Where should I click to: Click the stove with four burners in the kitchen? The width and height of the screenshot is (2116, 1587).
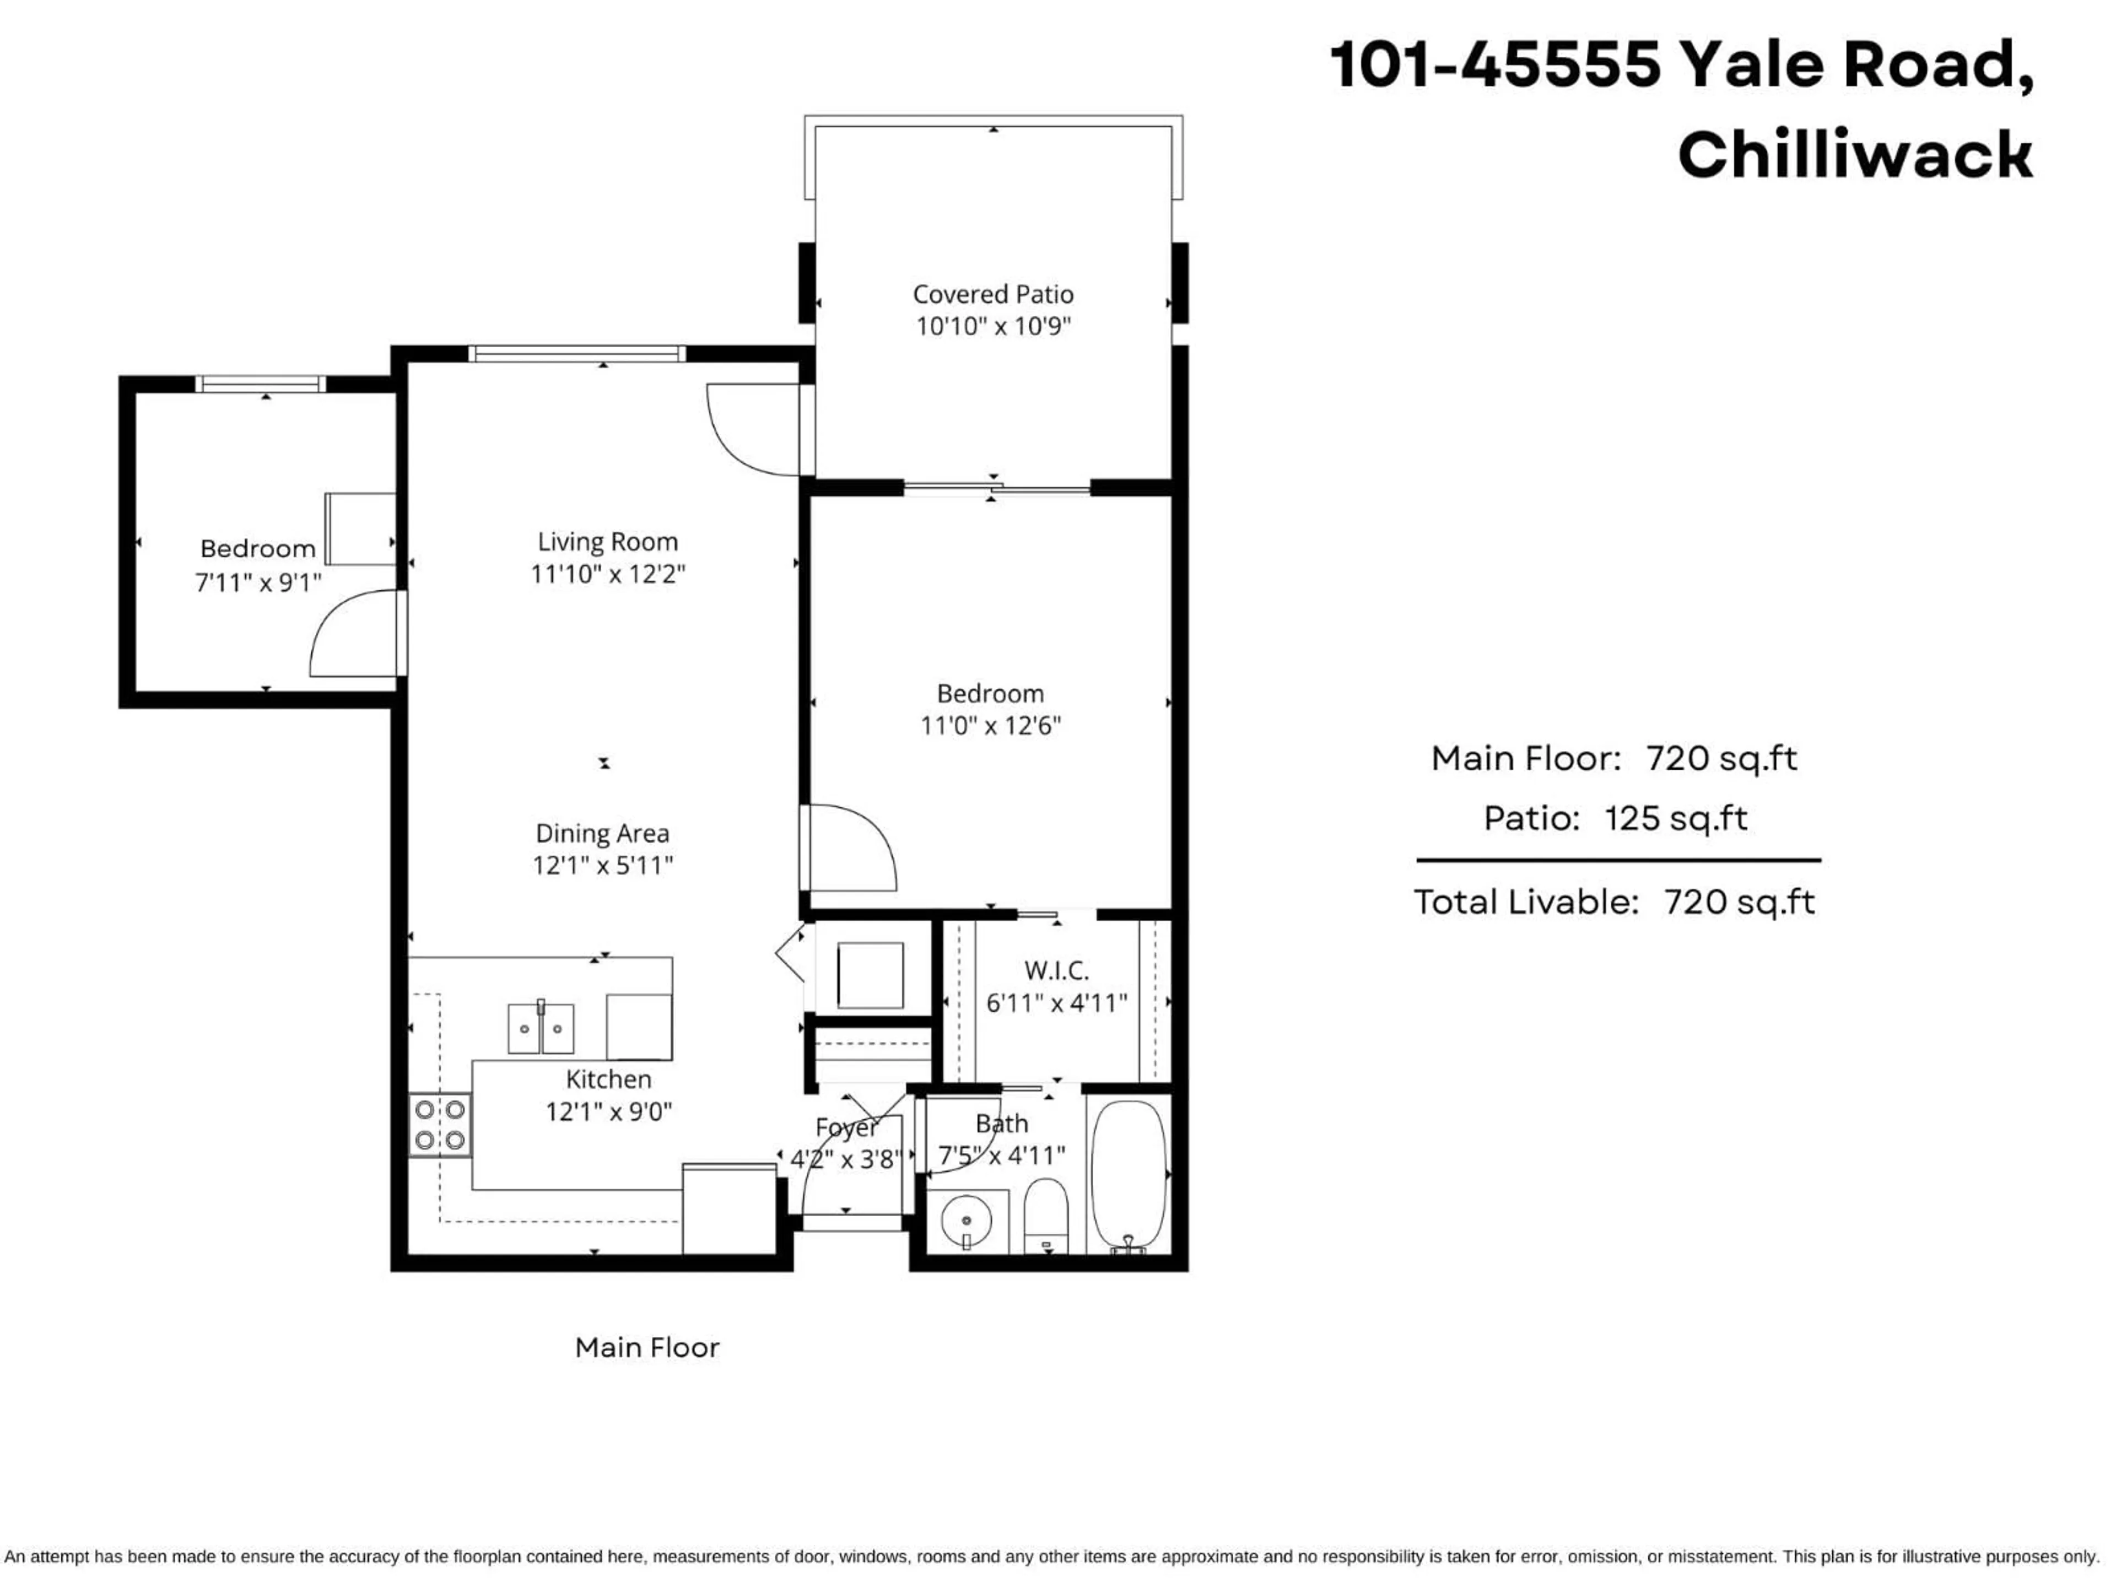point(440,1125)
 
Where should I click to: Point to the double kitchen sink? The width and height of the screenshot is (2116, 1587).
point(541,1028)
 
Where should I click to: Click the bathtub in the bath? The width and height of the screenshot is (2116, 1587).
point(1129,1175)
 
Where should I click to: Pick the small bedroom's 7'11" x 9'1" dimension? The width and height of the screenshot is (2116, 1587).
point(258,581)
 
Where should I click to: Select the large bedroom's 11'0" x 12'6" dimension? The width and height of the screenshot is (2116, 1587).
point(990,725)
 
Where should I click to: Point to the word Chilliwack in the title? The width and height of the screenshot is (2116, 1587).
point(1854,155)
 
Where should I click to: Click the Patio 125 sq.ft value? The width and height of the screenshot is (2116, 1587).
point(1675,818)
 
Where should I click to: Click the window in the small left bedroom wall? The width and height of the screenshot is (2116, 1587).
point(260,384)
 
